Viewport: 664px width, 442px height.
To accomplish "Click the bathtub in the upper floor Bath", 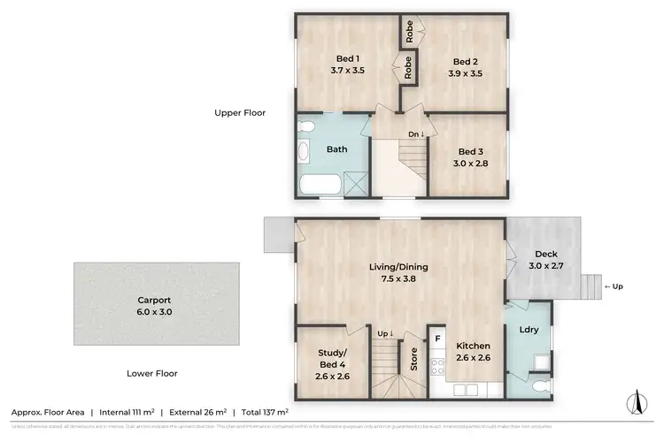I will pos(321,186).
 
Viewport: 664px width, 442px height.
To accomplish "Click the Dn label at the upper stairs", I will pos(415,134).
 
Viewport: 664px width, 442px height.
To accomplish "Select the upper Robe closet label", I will pos(410,32).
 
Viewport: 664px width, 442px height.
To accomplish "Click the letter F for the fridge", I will pos(437,338).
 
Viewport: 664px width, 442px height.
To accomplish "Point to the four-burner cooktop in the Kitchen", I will pos(436,366).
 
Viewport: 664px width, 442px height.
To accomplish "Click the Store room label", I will pos(413,358).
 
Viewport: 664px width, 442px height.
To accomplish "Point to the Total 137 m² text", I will pos(264,412).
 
